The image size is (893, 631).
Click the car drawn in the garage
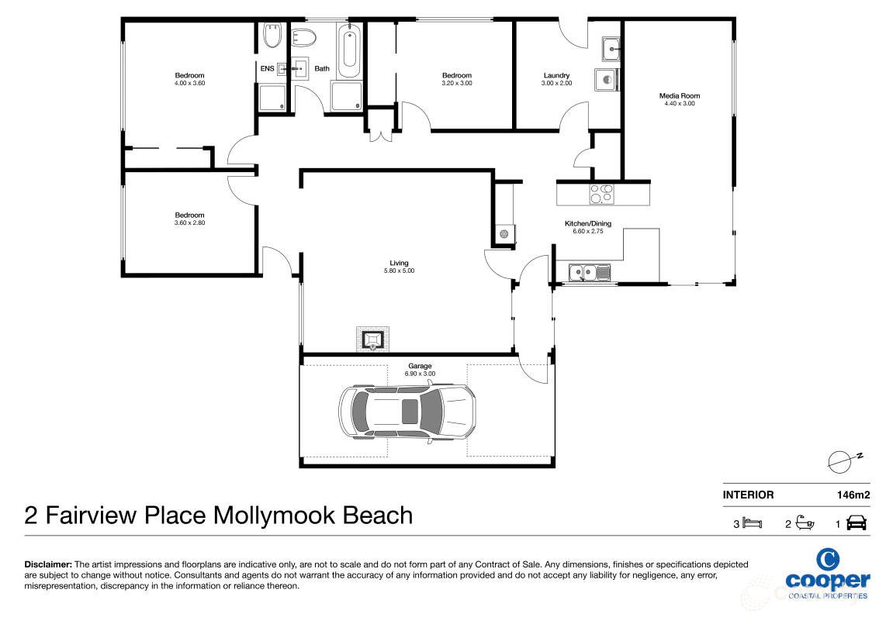pyautogui.click(x=407, y=412)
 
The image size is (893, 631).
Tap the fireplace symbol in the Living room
pyautogui.click(x=374, y=339)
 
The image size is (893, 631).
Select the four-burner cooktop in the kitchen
pyautogui.click(x=601, y=193)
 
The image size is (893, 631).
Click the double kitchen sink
pyautogui.click(x=589, y=272)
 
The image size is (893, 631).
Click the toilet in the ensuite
pyautogui.click(x=272, y=36)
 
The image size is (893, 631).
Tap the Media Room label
pyautogui.click(x=679, y=96)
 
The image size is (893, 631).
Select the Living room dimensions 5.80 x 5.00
pyautogui.click(x=400, y=271)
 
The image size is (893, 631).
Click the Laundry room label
pyautogui.click(x=556, y=75)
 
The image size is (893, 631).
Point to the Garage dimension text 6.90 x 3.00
pyautogui.click(x=420, y=374)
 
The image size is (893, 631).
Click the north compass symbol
pyautogui.click(x=842, y=461)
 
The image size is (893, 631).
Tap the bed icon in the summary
pyautogui.click(x=753, y=524)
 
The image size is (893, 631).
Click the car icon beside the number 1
pyautogui.click(x=857, y=524)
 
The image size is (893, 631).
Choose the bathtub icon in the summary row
pyautogui.click(x=805, y=524)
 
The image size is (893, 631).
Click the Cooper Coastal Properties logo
pyautogui.click(x=827, y=574)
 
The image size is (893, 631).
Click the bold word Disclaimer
pyautogui.click(x=49, y=565)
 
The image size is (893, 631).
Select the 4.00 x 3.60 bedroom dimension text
pyautogui.click(x=189, y=83)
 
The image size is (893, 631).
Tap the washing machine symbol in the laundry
pyautogui.click(x=607, y=79)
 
